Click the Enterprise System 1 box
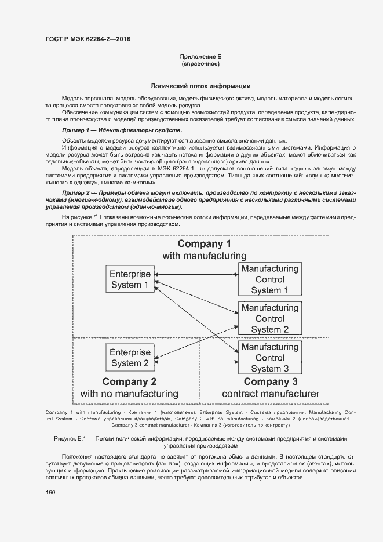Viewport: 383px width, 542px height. coord(130,279)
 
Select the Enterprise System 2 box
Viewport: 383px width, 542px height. coord(130,358)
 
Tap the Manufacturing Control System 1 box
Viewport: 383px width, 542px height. coord(269,279)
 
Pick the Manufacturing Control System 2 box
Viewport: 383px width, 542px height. coord(269,318)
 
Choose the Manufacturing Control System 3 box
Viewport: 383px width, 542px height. coord(269,358)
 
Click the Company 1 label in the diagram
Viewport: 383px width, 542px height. coord(204,243)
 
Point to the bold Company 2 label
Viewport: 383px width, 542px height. coord(129,381)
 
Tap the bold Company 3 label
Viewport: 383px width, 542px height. coord(271,381)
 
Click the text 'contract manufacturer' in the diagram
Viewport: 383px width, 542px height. coord(271,394)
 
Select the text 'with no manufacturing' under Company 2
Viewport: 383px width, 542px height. coord(129,394)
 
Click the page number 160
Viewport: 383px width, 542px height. coord(50,493)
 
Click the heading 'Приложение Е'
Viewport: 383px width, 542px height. coord(200,56)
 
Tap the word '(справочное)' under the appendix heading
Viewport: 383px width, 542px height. coord(200,64)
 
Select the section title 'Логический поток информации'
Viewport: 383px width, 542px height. coord(200,85)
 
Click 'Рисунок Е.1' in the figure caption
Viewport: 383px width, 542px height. coord(70,439)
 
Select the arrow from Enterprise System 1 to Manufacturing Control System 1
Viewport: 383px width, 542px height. coord(197,274)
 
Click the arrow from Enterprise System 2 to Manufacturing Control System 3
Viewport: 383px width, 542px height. coord(197,362)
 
